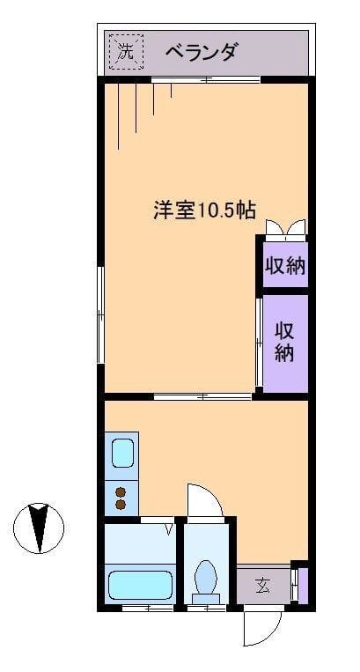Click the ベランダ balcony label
[x=202, y=52]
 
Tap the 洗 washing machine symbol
[x=126, y=52]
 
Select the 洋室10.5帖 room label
[x=205, y=211]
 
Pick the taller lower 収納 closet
[x=285, y=343]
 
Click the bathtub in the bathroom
[x=140, y=585]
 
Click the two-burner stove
[x=121, y=498]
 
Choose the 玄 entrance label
[x=262, y=585]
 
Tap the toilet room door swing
[x=204, y=502]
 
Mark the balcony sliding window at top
[x=205, y=80]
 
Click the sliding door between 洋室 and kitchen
[x=202, y=396]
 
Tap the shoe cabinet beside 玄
[x=296, y=585]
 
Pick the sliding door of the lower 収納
[x=259, y=343]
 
